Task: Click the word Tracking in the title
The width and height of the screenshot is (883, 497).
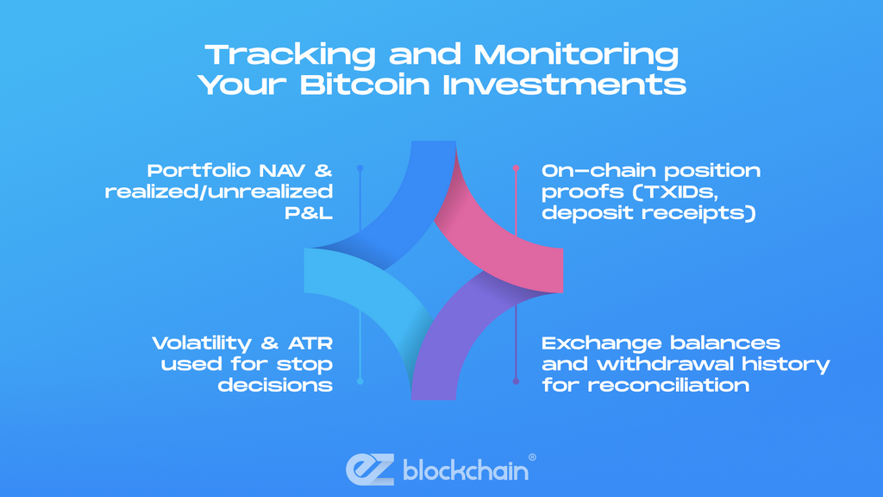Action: [290, 55]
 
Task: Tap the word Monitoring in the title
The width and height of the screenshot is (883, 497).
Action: [576, 55]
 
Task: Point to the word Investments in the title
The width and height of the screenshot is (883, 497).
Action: [564, 85]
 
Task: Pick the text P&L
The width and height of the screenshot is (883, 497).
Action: [309, 212]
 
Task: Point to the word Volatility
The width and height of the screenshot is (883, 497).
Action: [202, 343]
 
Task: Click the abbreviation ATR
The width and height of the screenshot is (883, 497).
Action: [310, 343]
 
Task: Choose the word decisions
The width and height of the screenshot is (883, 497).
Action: [275, 385]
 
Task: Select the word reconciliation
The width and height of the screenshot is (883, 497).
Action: [668, 385]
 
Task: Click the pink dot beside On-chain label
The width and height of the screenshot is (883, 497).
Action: [516, 168]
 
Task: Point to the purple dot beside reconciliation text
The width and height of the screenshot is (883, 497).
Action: [516, 381]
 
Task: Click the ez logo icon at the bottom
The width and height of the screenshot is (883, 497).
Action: [370, 469]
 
